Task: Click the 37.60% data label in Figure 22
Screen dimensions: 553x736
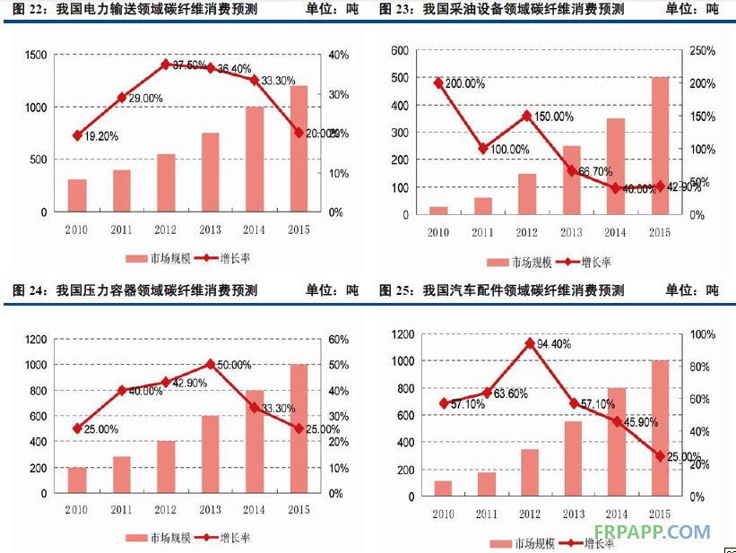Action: [189, 65]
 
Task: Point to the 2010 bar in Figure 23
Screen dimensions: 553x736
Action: [438, 211]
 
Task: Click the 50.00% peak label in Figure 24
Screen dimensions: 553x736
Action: [232, 365]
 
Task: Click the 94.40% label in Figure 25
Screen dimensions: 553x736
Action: [555, 343]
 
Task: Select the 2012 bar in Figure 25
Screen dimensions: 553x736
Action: [530, 471]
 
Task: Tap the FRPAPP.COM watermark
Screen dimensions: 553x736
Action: [652, 531]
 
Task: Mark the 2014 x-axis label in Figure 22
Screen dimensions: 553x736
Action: [255, 229]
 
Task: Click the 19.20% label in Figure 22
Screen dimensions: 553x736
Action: [100, 136]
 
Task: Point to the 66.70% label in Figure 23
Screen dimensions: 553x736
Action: [596, 171]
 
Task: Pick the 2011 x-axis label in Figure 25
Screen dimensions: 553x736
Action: [487, 514]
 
